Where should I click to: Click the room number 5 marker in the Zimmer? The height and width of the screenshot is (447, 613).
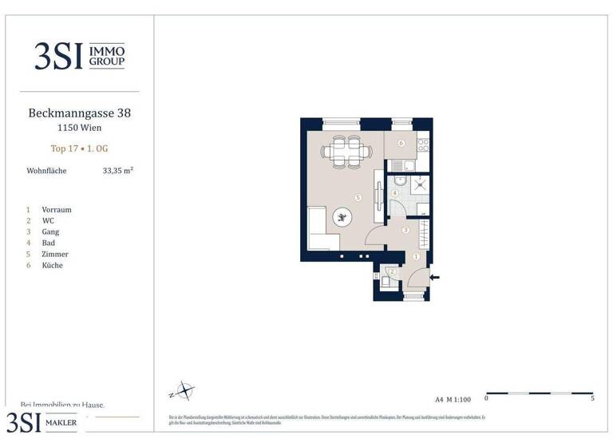pos(358,197)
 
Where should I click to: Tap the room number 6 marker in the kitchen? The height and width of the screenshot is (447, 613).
pos(401,144)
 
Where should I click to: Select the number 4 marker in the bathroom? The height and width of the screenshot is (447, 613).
pos(395,193)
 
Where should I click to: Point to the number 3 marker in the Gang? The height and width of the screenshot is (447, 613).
pos(405,231)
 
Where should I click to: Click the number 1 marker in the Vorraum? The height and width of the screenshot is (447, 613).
pos(416,256)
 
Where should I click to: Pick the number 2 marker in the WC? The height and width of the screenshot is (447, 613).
pos(392,272)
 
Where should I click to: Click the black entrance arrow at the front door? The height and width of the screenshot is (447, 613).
pos(435,277)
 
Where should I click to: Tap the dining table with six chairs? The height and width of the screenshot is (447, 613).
pos(346,151)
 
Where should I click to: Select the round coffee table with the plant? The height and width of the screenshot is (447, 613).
pos(342,217)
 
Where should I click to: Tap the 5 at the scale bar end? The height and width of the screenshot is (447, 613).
pos(591,398)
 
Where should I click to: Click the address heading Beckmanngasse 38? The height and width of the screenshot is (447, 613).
pos(79,113)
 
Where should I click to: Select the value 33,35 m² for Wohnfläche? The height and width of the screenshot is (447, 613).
pos(118,170)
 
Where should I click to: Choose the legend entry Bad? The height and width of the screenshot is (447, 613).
pos(49,243)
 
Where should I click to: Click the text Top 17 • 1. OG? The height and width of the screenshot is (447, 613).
pos(79,148)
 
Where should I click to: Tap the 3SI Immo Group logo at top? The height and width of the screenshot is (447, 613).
pos(79,56)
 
